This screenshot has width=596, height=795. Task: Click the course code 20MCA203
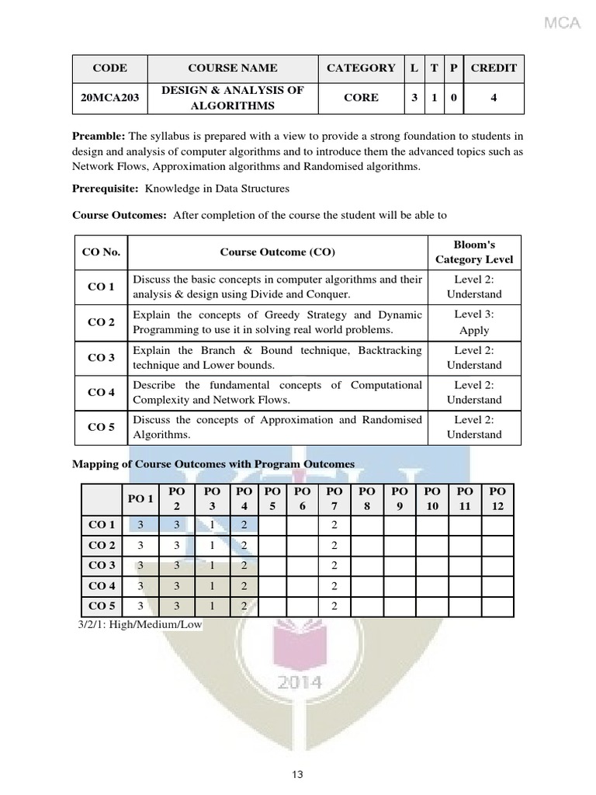click(x=109, y=98)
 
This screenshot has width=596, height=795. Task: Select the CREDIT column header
click(x=494, y=68)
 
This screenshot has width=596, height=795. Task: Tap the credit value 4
click(x=494, y=98)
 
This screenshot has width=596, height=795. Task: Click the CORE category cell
click(x=361, y=98)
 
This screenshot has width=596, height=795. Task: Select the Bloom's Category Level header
click(x=474, y=252)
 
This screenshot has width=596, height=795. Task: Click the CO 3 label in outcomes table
click(x=101, y=358)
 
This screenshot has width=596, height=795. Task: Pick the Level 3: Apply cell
click(x=474, y=322)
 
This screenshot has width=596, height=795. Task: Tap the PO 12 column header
click(x=498, y=498)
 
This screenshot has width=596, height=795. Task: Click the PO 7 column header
click(x=334, y=498)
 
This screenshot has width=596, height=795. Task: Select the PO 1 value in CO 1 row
click(x=140, y=525)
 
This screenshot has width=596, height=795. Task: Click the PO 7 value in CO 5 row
click(x=334, y=606)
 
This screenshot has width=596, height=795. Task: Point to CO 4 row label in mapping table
click(x=102, y=585)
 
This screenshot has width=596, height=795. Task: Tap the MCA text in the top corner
click(x=562, y=23)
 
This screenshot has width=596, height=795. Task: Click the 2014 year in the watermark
click(x=299, y=682)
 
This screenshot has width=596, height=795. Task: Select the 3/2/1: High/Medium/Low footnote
click(x=140, y=623)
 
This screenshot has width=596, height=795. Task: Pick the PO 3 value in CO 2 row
click(x=211, y=545)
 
